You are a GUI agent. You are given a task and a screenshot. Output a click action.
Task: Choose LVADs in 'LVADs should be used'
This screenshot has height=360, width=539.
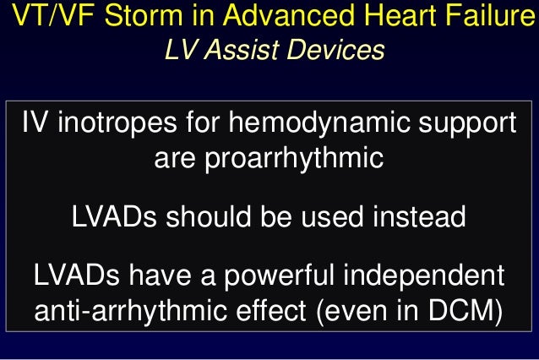[112, 216]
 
